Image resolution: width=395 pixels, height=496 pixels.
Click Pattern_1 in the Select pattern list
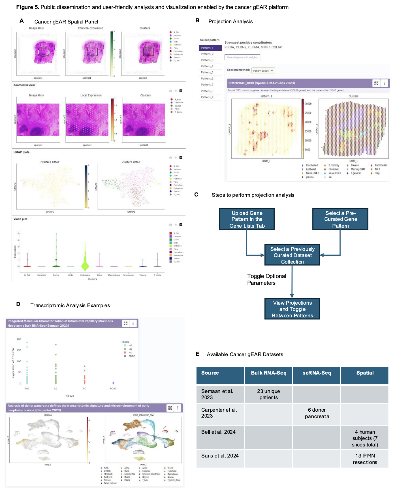pyautogui.click(x=210, y=48)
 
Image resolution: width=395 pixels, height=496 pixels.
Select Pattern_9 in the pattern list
pyautogui.click(x=207, y=97)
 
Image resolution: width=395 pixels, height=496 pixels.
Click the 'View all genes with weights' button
pyautogui.click(x=242, y=57)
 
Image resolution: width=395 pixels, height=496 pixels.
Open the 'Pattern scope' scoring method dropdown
pyautogui.click(x=263, y=70)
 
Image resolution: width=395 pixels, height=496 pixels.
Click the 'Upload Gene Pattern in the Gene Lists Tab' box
pyautogui.click(x=247, y=219)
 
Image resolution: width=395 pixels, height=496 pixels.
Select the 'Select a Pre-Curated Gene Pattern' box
pyautogui.click(x=340, y=219)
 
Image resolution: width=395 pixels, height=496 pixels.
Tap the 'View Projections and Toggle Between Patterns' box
pyautogui.click(x=292, y=309)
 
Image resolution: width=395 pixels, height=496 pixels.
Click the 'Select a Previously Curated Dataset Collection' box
pyautogui.click(x=292, y=255)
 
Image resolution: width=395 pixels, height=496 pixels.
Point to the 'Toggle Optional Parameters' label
pyautogui.click(x=266, y=279)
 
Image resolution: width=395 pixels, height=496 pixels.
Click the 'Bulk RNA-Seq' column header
pyautogui.click(x=268, y=373)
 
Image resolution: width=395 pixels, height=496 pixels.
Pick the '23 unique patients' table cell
pyautogui.click(x=268, y=394)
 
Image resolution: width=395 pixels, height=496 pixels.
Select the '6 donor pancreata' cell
pyautogui.click(x=317, y=413)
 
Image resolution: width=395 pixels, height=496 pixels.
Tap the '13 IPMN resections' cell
pyautogui.click(x=365, y=459)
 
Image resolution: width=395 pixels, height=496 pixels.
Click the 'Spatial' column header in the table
pyautogui.click(x=365, y=373)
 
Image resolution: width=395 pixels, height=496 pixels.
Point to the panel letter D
pyautogui.click(x=18, y=304)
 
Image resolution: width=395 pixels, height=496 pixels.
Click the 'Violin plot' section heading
pyautogui.click(x=20, y=219)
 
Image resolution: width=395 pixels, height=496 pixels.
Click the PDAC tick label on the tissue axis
pyautogui.click(x=113, y=388)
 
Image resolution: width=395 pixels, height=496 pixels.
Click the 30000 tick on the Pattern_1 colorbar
pyautogui.click(x=308, y=104)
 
